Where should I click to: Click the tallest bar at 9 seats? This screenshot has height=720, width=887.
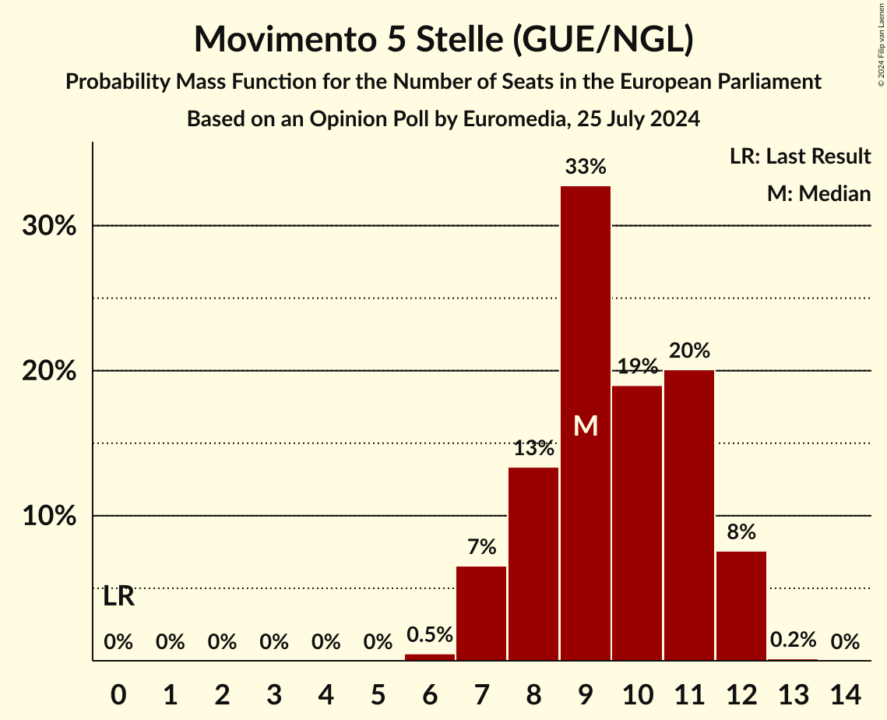point(586,312)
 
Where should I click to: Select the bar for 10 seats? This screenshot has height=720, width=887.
point(637,522)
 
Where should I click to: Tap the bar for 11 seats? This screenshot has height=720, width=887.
point(689,514)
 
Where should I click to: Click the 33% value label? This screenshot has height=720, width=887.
point(586,167)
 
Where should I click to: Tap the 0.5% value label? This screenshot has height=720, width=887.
point(430,635)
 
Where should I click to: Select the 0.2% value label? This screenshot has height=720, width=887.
point(793,641)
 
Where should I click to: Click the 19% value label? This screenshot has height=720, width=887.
point(637,366)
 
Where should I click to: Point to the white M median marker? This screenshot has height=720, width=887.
point(586,426)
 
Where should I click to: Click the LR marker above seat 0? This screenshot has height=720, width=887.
point(118,597)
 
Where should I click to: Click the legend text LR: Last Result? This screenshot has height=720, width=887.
point(800,157)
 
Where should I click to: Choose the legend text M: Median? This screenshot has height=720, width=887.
point(818,193)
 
